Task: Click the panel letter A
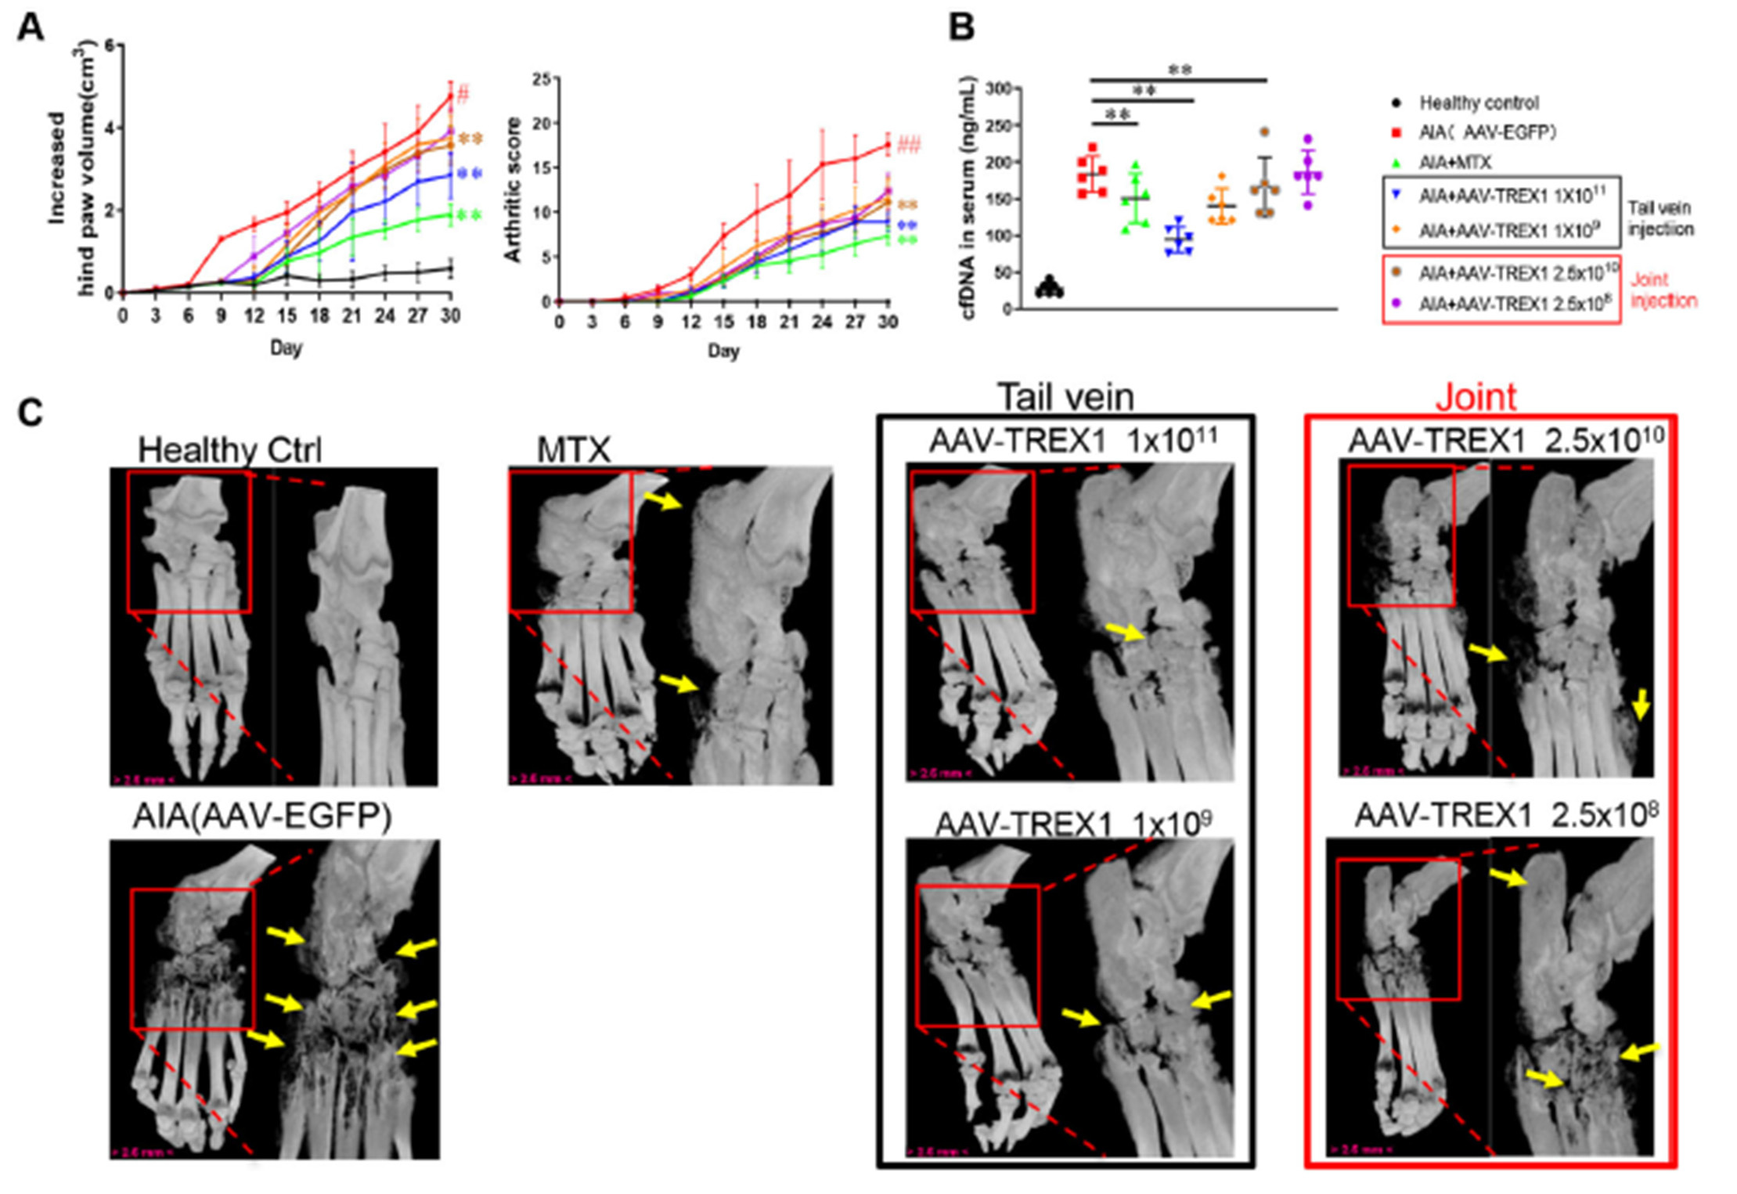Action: point(31,28)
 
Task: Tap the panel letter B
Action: point(961,28)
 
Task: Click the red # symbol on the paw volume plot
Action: point(463,96)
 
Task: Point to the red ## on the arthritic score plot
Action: point(909,144)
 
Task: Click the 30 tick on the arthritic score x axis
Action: point(887,322)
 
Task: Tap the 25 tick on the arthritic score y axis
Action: point(541,78)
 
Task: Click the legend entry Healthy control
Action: point(1479,103)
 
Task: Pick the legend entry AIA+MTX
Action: point(1455,163)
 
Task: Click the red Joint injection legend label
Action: point(1663,290)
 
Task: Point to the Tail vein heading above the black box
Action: point(1065,397)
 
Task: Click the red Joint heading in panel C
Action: point(1476,397)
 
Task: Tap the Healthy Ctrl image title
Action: point(229,450)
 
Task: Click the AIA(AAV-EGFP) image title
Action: point(262,817)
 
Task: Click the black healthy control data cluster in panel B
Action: point(1049,288)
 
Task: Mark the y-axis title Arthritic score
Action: point(513,189)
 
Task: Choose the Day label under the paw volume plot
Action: point(286,348)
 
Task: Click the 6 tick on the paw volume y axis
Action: point(108,45)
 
